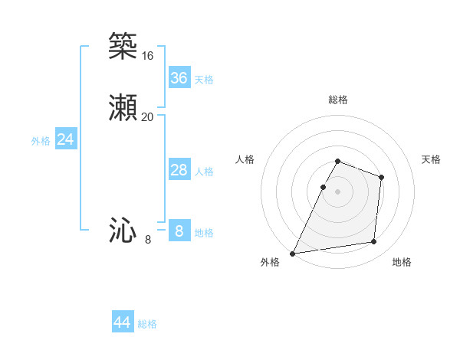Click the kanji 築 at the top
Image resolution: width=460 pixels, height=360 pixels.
click(123, 46)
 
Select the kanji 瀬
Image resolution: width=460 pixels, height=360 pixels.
click(123, 108)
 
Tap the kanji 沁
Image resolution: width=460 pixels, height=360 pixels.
click(123, 231)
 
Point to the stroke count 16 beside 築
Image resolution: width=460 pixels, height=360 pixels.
click(147, 56)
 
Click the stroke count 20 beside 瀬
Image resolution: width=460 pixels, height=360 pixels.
click(147, 117)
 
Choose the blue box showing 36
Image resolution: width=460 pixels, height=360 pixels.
click(179, 78)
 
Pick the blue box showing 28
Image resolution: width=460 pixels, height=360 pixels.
click(179, 170)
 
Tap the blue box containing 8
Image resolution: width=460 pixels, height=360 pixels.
click(179, 231)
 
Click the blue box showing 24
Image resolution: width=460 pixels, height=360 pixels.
click(65, 139)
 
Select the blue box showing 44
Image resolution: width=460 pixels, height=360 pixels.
click(123, 322)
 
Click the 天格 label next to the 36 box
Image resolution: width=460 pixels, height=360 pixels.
click(204, 80)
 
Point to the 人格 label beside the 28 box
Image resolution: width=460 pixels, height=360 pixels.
click(204, 172)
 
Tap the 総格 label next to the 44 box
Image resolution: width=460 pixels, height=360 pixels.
click(147, 324)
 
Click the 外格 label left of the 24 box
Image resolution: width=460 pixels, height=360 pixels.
click(41, 141)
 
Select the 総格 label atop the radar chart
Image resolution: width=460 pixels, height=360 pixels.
click(338, 100)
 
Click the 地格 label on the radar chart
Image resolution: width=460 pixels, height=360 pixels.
click(402, 263)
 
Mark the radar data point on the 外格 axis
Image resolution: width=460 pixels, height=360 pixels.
click(293, 253)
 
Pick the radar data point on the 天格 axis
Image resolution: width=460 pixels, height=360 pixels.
click(381, 177)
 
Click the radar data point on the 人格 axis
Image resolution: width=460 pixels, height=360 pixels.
click(323, 186)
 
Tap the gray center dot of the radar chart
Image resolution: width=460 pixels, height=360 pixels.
click(338, 191)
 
